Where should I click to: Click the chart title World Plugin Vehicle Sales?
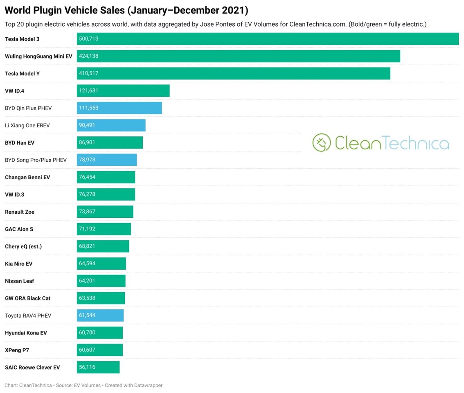[x=126, y=10]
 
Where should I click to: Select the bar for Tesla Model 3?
[x=268, y=39]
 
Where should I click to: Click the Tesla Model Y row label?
[x=22, y=74]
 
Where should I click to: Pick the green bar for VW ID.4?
[x=123, y=91]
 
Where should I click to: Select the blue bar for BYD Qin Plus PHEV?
[x=119, y=108]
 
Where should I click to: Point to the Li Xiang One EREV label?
[x=27, y=126]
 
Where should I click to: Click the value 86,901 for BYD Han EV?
[x=87, y=142]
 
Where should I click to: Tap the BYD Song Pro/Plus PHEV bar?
[x=107, y=160]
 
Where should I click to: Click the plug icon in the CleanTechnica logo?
[x=321, y=142]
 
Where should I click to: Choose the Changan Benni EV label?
[x=27, y=177]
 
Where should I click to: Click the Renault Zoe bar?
[x=105, y=212]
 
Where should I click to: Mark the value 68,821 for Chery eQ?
[x=87, y=246]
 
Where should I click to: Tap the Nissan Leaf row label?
[x=19, y=281]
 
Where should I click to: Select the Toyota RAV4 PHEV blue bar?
[x=100, y=316]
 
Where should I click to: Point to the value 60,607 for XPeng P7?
[x=87, y=350]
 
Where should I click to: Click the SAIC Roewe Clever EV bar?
[x=98, y=367]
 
